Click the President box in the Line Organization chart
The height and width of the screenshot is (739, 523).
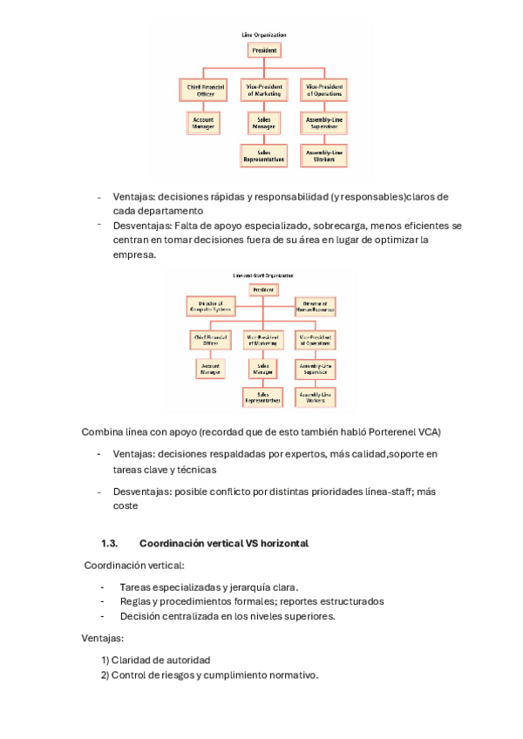click(x=265, y=51)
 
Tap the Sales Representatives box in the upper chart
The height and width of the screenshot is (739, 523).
click(x=264, y=156)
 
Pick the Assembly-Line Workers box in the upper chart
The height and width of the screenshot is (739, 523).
click(x=324, y=156)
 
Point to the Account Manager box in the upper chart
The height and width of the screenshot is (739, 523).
click(x=203, y=123)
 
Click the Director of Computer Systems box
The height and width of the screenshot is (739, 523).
click(x=209, y=306)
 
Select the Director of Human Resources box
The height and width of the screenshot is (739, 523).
click(x=315, y=306)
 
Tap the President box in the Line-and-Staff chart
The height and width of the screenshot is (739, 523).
click(x=263, y=289)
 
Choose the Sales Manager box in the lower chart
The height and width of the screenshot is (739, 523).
click(x=263, y=369)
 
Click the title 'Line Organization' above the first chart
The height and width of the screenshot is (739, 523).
click(x=264, y=35)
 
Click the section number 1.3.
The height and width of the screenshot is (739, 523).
click(x=109, y=543)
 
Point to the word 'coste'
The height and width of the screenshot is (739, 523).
click(x=126, y=505)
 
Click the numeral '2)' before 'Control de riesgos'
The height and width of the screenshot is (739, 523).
click(x=105, y=675)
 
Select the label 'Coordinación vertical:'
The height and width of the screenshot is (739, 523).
click(x=134, y=566)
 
